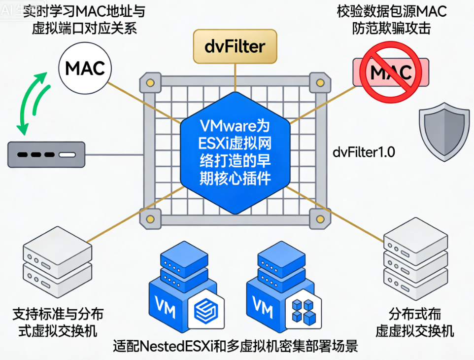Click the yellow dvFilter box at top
point(235,46)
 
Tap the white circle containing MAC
point(85,68)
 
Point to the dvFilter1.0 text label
point(364,153)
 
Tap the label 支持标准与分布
point(58,314)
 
